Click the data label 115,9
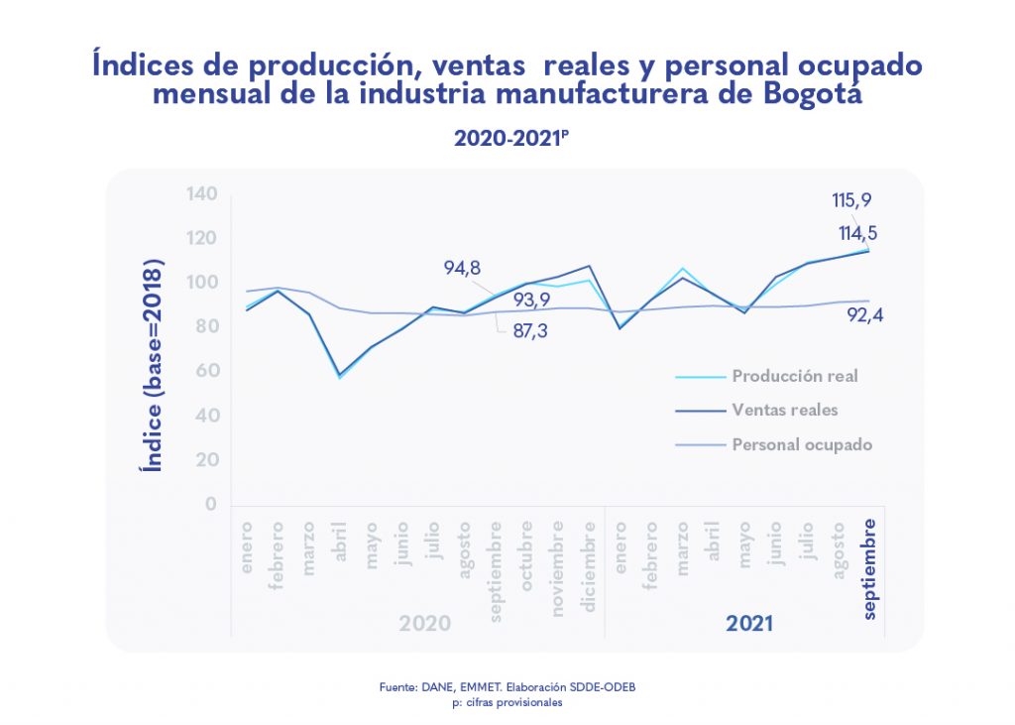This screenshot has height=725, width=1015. (851, 200)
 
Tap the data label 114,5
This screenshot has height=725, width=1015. (857, 234)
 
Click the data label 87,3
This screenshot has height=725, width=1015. (528, 332)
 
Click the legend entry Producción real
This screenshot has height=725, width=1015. (794, 376)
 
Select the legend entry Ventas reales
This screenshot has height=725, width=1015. (785, 410)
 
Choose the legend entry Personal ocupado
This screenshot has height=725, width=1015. (802, 444)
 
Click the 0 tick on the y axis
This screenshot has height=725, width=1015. (210, 504)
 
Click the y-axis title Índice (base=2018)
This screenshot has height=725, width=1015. (154, 366)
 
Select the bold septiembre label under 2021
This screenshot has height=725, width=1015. (869, 567)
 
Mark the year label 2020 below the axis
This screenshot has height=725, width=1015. (424, 624)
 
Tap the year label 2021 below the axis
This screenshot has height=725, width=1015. (749, 624)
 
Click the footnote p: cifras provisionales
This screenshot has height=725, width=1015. (507, 702)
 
